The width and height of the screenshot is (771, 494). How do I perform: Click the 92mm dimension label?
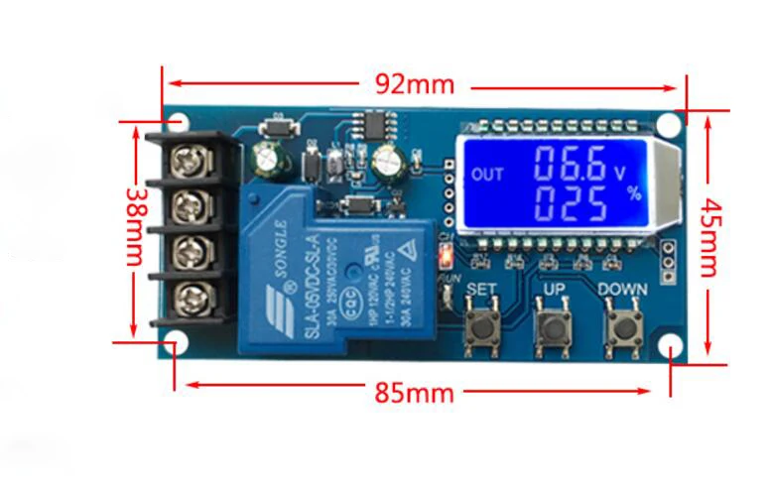point(415,83)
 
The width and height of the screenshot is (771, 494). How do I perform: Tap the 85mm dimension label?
point(414,393)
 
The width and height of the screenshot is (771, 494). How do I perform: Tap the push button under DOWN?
point(622,329)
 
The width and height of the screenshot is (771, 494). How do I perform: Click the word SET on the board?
point(481,291)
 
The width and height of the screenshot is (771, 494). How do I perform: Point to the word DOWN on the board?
point(622,291)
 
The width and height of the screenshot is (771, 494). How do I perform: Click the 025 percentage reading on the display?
point(570,204)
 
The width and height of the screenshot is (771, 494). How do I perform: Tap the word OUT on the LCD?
point(487,176)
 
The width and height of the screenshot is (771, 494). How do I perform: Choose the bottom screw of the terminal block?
point(189,298)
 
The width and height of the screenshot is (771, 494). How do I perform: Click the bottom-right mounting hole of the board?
point(672,347)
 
